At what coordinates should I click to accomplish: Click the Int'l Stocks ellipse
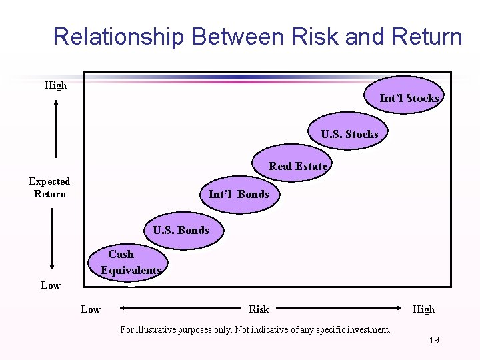click(409, 98)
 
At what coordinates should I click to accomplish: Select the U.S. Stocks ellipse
click(349, 134)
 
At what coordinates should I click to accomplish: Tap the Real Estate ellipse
click(298, 166)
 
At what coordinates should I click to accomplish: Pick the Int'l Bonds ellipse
click(239, 194)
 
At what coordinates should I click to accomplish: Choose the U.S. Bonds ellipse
click(181, 230)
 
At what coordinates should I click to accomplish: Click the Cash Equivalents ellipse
click(129, 262)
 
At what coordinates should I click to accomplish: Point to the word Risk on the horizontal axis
click(259, 309)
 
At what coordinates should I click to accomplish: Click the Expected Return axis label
click(49, 187)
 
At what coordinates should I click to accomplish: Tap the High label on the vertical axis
click(55, 85)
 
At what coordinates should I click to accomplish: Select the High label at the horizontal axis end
click(423, 309)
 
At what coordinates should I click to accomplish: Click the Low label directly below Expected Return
click(50, 285)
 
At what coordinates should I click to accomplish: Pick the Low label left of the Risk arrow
click(90, 309)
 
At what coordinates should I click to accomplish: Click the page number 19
click(434, 340)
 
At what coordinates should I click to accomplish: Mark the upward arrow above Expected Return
click(56, 130)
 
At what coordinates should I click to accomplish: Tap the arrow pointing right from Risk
click(340, 309)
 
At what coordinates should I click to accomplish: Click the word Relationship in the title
click(117, 37)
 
